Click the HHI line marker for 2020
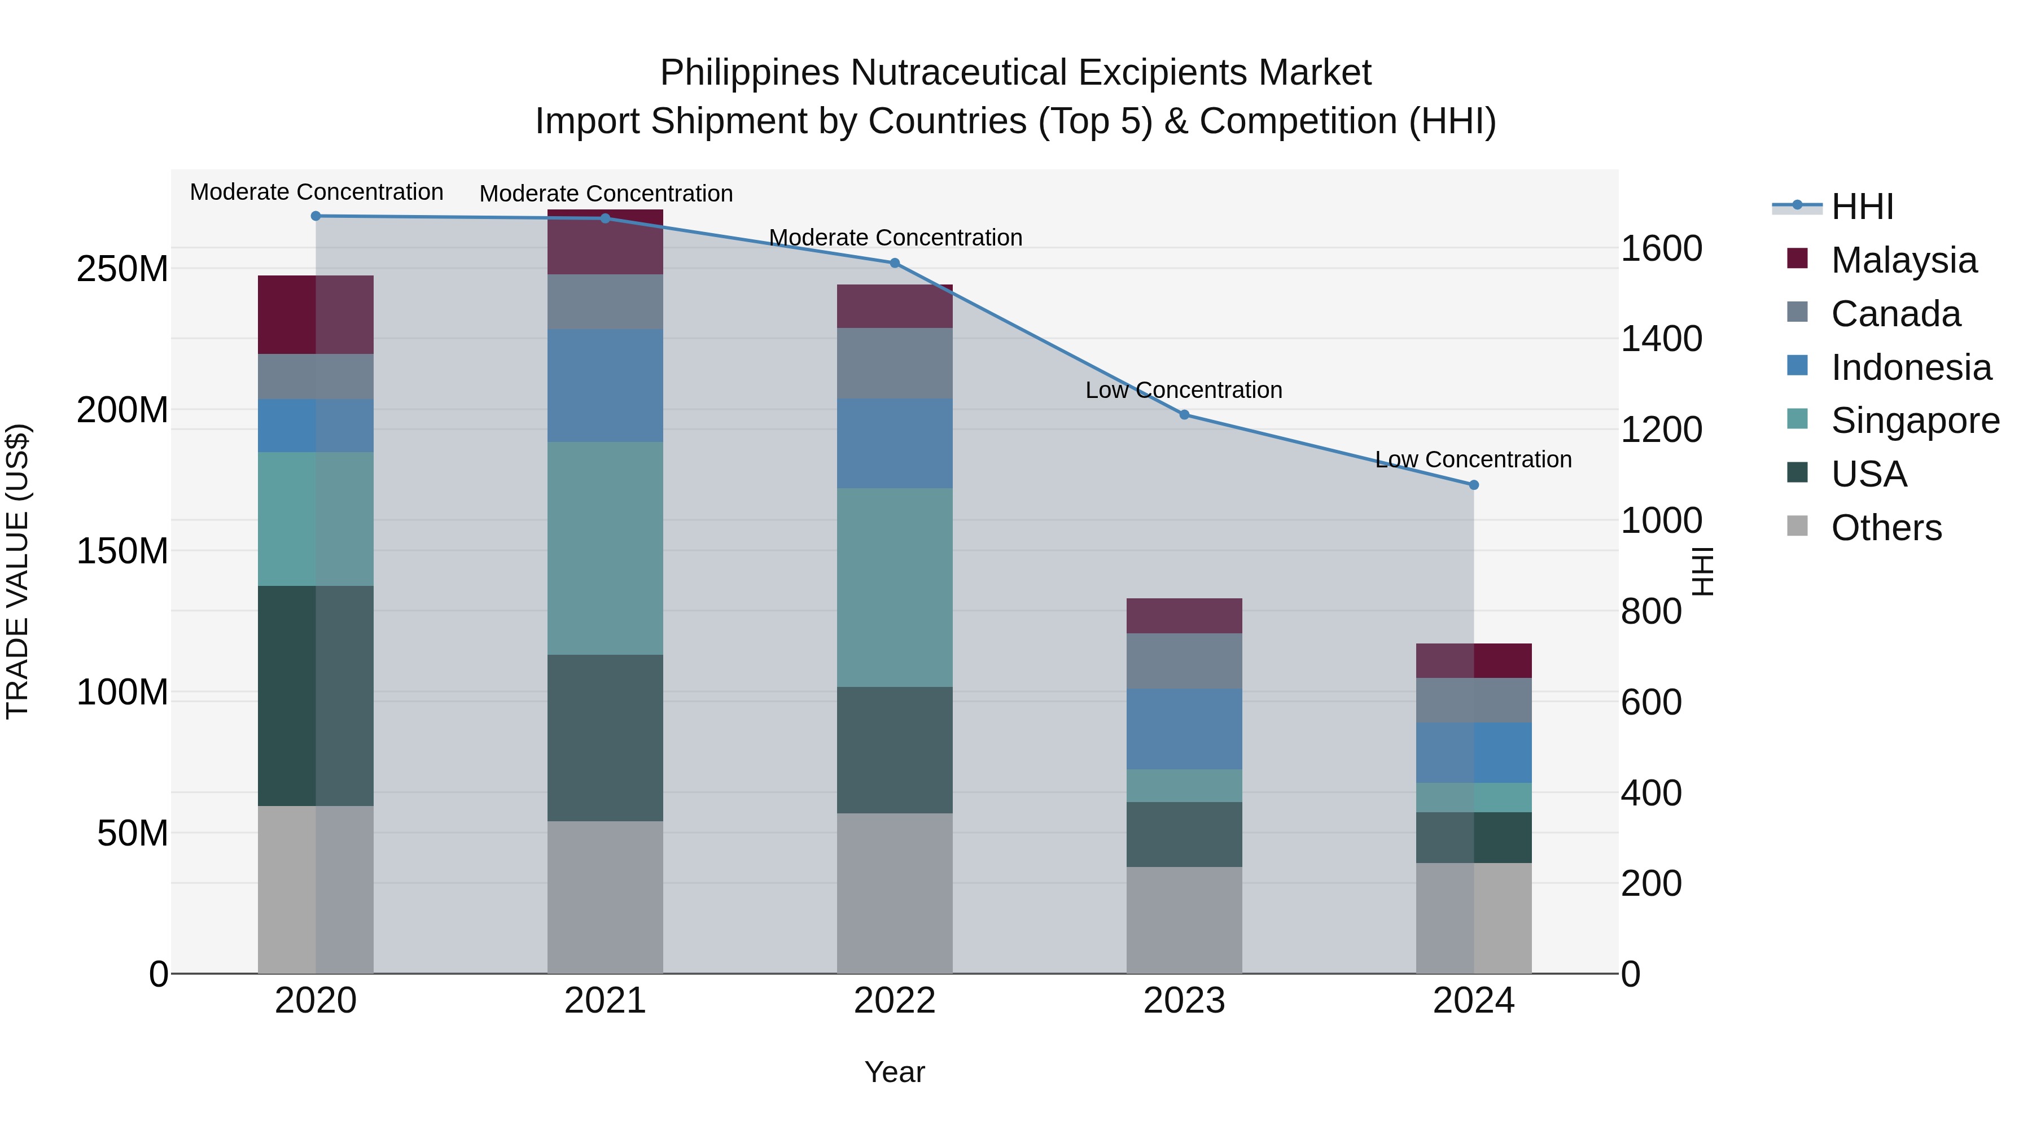[x=316, y=216]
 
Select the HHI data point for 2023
[x=1184, y=415]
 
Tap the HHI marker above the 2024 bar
[x=1474, y=485]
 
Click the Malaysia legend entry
[x=1903, y=260]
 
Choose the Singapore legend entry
[x=1915, y=421]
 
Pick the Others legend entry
[x=1886, y=528]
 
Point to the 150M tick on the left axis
[x=122, y=550]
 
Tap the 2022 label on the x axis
[x=895, y=1001]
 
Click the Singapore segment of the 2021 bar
[x=605, y=548]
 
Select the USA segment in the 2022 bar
[x=895, y=750]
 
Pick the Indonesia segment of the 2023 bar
[x=1184, y=729]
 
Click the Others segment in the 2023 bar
[x=1184, y=920]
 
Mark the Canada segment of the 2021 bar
[x=605, y=301]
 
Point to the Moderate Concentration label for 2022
[x=895, y=238]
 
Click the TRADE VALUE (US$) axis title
[x=17, y=571]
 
